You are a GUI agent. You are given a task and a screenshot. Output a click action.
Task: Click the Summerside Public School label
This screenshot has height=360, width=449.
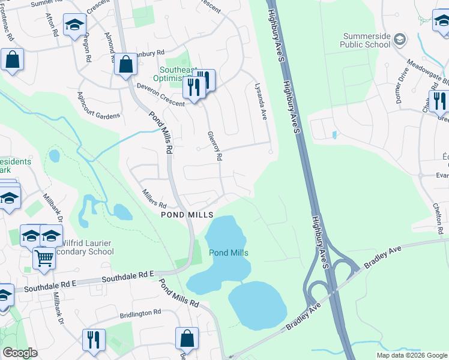click(365, 40)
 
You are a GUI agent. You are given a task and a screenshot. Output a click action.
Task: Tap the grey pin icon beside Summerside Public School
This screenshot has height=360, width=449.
click(400, 40)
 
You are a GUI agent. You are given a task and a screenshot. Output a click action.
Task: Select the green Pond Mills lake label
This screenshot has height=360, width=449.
click(228, 253)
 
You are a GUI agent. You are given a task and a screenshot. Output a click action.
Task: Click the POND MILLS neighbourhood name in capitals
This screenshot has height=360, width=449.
click(186, 215)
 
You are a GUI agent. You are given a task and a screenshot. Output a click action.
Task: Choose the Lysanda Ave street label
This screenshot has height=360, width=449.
click(260, 101)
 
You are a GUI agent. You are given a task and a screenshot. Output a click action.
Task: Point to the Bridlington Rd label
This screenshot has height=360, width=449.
click(140, 312)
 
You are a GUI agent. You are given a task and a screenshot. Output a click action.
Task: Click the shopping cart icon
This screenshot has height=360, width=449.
click(44, 257)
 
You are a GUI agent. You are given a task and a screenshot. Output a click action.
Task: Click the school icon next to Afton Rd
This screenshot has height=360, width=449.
click(74, 25)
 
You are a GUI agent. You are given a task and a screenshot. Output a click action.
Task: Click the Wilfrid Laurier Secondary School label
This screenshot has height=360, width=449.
click(84, 247)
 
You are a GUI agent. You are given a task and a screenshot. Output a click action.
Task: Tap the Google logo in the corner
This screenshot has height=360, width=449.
click(20, 353)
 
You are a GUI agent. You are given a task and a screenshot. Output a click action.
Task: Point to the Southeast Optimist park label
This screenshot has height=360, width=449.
click(162, 74)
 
